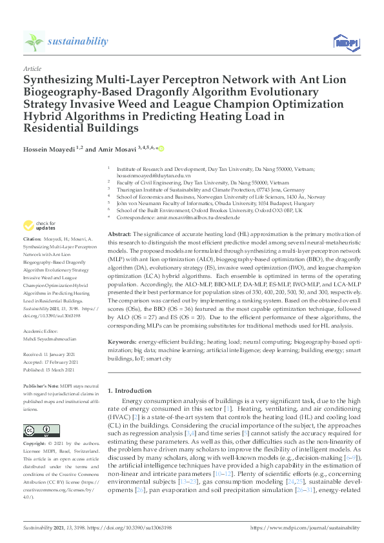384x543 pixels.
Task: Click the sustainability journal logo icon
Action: pyautogui.click(x=34, y=41)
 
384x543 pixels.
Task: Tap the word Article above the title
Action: pyautogui.click(x=32, y=68)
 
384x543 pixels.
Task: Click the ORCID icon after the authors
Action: pyautogui.click(x=161, y=148)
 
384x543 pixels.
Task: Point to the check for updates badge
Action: pyautogui.click(x=40, y=226)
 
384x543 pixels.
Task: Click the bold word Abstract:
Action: pyautogui.click(x=120, y=233)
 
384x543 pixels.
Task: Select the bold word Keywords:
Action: pyautogui.click(x=123, y=340)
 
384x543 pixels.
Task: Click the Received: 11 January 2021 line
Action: pyautogui.click(x=52, y=353)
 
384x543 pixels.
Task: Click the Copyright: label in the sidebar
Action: pyautogui.click(x=36, y=445)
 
